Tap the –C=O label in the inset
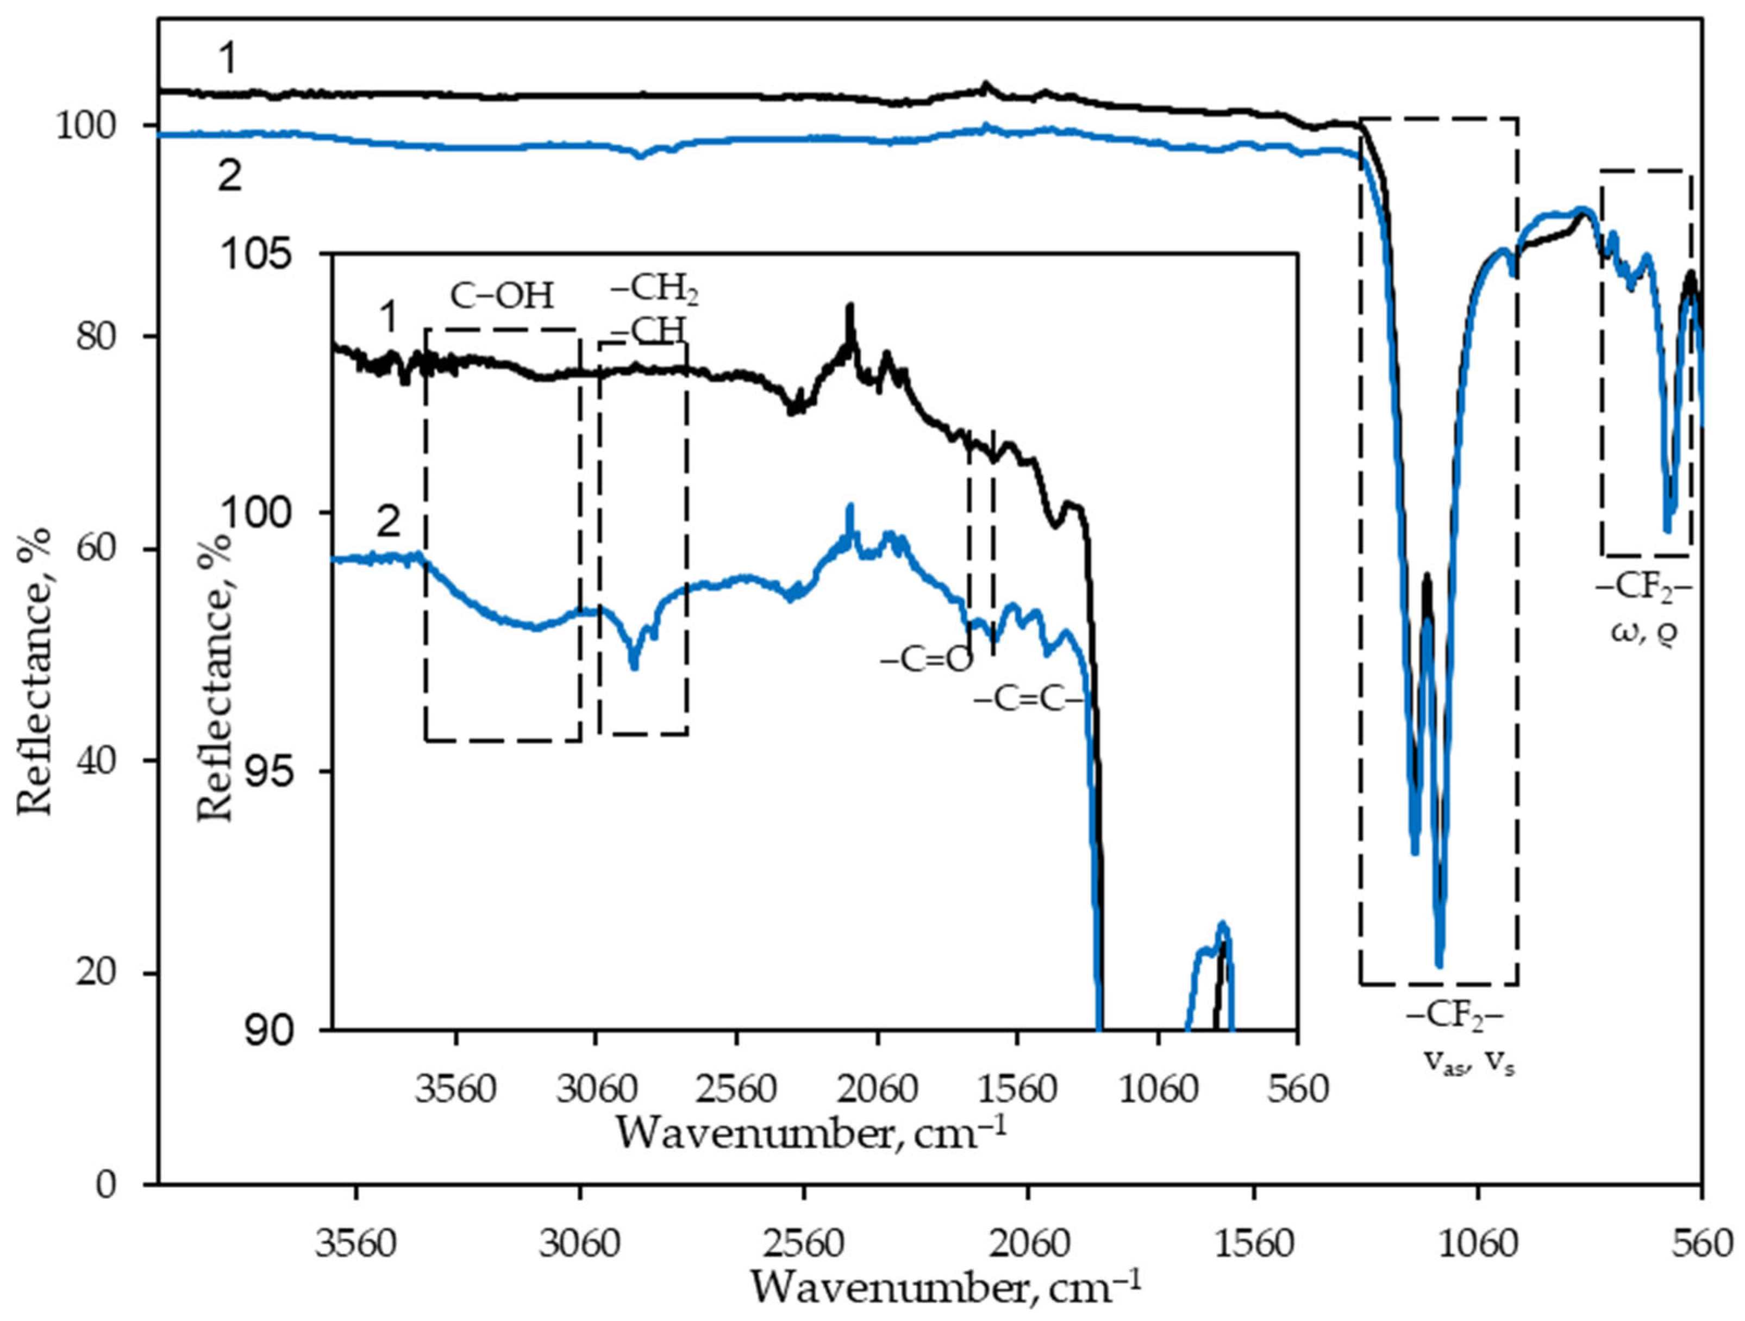click(926, 660)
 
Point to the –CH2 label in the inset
click(654, 290)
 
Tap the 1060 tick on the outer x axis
click(1478, 1244)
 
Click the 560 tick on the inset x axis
click(1298, 1090)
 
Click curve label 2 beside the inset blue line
click(388, 522)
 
